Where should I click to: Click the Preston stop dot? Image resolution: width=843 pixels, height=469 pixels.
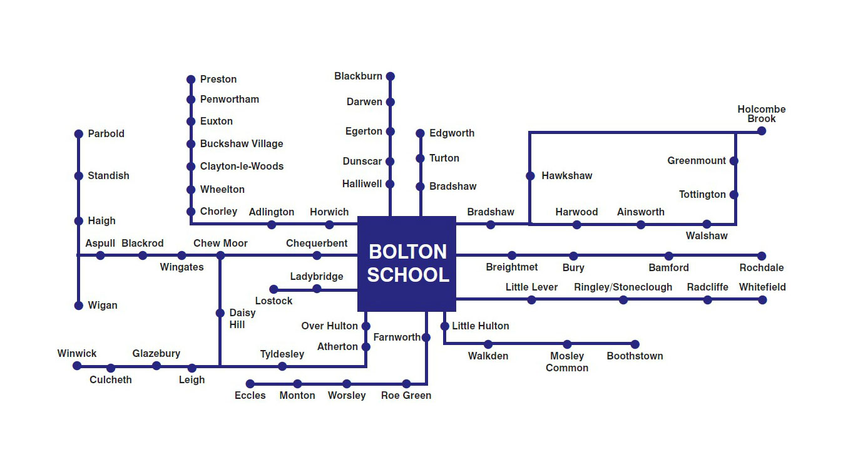coord(191,80)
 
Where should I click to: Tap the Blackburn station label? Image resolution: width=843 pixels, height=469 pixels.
coord(358,76)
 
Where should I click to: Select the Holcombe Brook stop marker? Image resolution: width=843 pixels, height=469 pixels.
coord(762,131)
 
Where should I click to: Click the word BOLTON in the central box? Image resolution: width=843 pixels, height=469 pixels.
coord(407,252)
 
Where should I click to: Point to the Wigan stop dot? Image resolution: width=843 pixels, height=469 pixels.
coord(79,306)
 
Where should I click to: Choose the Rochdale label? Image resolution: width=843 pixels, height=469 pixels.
coord(761,268)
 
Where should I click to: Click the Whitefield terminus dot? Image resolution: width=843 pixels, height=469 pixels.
coord(762,300)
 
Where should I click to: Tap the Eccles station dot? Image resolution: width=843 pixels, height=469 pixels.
coord(250,384)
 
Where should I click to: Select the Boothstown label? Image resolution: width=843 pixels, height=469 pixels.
coord(635,356)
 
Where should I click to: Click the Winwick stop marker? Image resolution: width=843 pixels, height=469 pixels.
coord(77,366)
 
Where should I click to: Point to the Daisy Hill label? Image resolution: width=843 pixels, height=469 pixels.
coord(242,319)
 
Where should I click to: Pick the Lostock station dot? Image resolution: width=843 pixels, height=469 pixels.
coord(273,289)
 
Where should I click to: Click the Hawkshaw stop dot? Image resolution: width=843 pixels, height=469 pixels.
coord(530,176)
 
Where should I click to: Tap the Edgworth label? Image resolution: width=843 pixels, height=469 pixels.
coord(452,133)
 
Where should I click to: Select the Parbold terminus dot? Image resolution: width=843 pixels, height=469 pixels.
coord(79,134)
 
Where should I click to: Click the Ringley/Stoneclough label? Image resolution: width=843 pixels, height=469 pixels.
coord(623,287)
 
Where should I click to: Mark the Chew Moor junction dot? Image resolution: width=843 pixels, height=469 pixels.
coord(220,255)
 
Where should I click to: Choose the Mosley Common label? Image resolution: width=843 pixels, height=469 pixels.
coord(567,362)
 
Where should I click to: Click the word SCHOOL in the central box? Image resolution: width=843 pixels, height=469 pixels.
coord(407,276)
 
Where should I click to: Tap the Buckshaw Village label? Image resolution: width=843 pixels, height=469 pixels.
coord(242,144)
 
